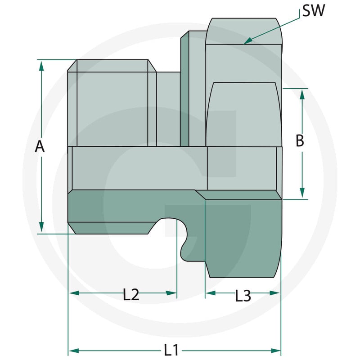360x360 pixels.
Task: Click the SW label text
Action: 313,10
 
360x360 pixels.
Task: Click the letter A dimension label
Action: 40,147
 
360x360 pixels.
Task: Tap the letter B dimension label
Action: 300,140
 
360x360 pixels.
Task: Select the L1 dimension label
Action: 171,351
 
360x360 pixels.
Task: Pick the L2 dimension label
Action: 131,294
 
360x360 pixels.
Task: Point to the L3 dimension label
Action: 243,296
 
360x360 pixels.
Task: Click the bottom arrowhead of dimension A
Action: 41,227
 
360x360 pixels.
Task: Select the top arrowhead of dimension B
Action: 302,94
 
